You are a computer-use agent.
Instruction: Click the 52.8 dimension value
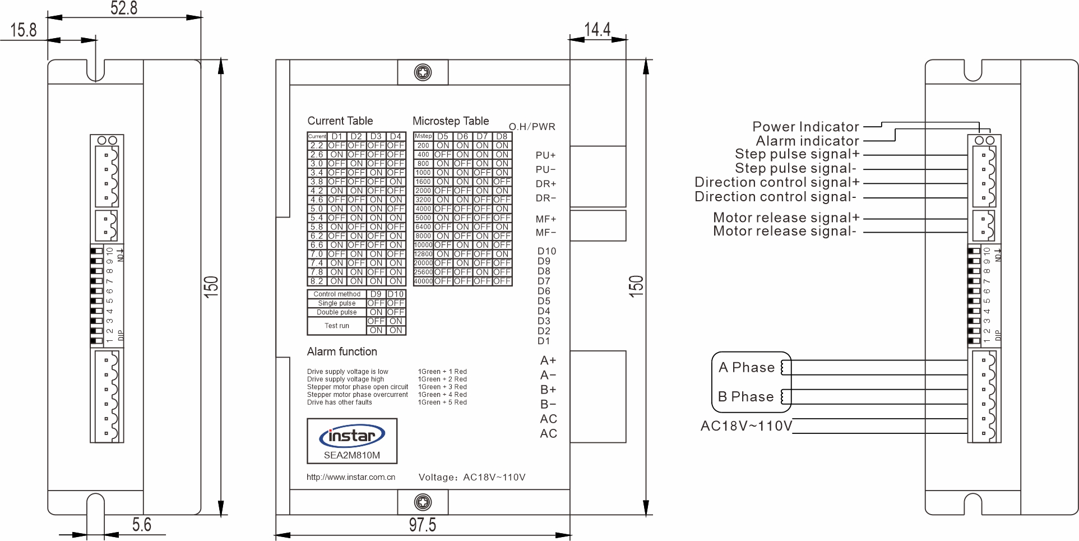(x=124, y=8)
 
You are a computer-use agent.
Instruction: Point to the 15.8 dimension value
(x=24, y=30)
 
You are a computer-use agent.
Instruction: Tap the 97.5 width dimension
(x=422, y=525)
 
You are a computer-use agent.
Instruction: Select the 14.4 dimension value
(x=597, y=29)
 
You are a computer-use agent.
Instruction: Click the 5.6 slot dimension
(x=142, y=525)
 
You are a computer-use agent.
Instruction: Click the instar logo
(x=351, y=436)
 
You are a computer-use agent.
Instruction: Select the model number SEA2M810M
(x=351, y=455)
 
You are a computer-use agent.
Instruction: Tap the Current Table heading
(x=340, y=121)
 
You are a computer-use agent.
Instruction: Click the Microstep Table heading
(x=451, y=121)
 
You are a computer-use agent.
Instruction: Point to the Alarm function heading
(x=342, y=352)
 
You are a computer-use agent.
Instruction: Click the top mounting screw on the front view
(x=423, y=72)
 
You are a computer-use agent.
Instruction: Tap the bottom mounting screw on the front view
(x=423, y=502)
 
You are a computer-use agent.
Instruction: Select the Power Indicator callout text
(x=805, y=127)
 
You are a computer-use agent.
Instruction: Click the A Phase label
(x=747, y=368)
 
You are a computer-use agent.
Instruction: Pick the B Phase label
(x=746, y=397)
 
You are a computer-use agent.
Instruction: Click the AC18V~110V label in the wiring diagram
(x=746, y=426)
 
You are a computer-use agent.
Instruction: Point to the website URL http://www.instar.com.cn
(x=351, y=478)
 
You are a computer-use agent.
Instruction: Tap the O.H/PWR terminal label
(x=532, y=127)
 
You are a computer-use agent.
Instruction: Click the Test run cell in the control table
(x=337, y=326)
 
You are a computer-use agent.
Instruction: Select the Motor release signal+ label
(x=786, y=218)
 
